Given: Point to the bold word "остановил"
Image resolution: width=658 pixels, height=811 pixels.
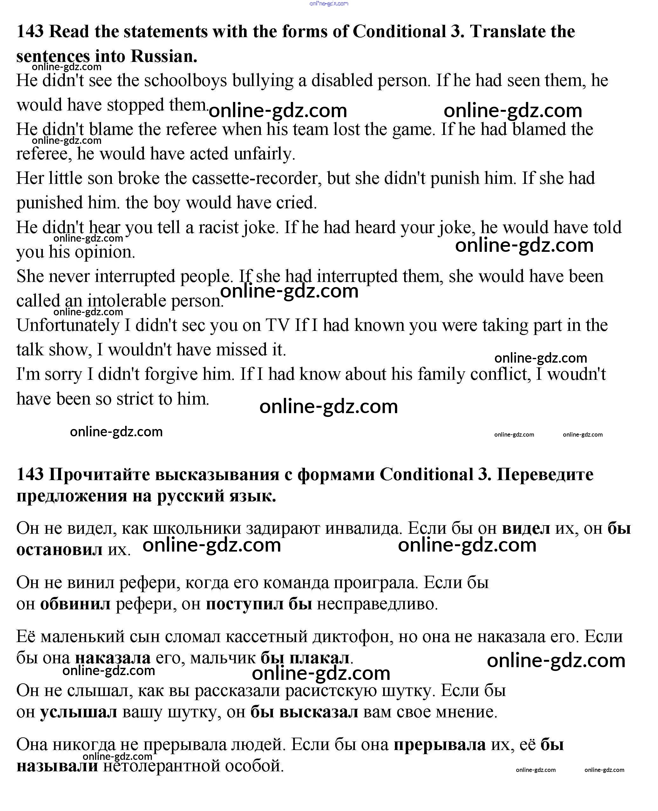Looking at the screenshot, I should pyautogui.click(x=59, y=550).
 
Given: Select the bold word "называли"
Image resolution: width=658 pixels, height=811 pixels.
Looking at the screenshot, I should pyautogui.click(x=57, y=766).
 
